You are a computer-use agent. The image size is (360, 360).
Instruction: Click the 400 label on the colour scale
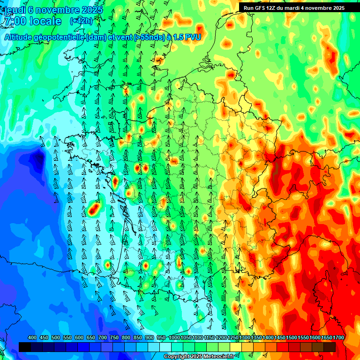pos(32,338)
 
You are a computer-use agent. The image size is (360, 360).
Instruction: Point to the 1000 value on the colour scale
pos(174,338)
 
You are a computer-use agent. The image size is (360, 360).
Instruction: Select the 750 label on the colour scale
pos(114,338)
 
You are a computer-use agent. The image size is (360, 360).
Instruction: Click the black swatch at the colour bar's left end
pos(24,347)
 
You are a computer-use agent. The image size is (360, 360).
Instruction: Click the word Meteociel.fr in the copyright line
pos(218,357)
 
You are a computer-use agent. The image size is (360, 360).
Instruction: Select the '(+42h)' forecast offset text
pos(81,21)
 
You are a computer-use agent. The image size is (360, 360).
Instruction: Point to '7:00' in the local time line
pos(14,21)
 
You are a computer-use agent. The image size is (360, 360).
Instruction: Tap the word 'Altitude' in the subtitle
pos(21,37)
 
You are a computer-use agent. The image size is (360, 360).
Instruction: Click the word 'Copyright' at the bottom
pos(177,357)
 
